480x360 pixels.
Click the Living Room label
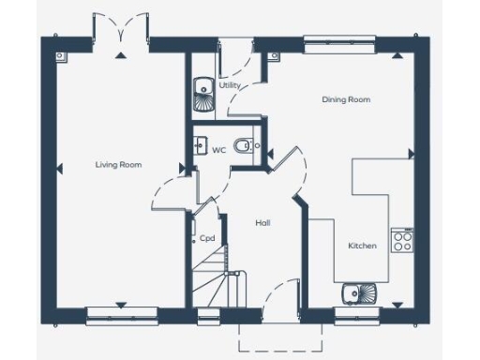(x=118, y=165)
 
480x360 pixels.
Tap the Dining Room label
(x=341, y=98)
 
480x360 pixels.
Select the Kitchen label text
(x=362, y=246)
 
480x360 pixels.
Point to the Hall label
(x=263, y=223)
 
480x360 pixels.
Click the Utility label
(x=230, y=85)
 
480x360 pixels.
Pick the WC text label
(x=218, y=150)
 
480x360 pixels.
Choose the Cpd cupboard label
(x=207, y=238)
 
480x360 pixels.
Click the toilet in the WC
(x=245, y=145)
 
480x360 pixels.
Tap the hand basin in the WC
(x=200, y=145)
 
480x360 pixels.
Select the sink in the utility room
(x=202, y=90)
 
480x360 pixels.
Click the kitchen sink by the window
(x=358, y=293)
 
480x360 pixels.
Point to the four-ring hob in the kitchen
(x=402, y=243)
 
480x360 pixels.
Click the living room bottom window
(x=119, y=315)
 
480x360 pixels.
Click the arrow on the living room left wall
(x=58, y=169)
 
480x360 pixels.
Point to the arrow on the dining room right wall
(x=410, y=153)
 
